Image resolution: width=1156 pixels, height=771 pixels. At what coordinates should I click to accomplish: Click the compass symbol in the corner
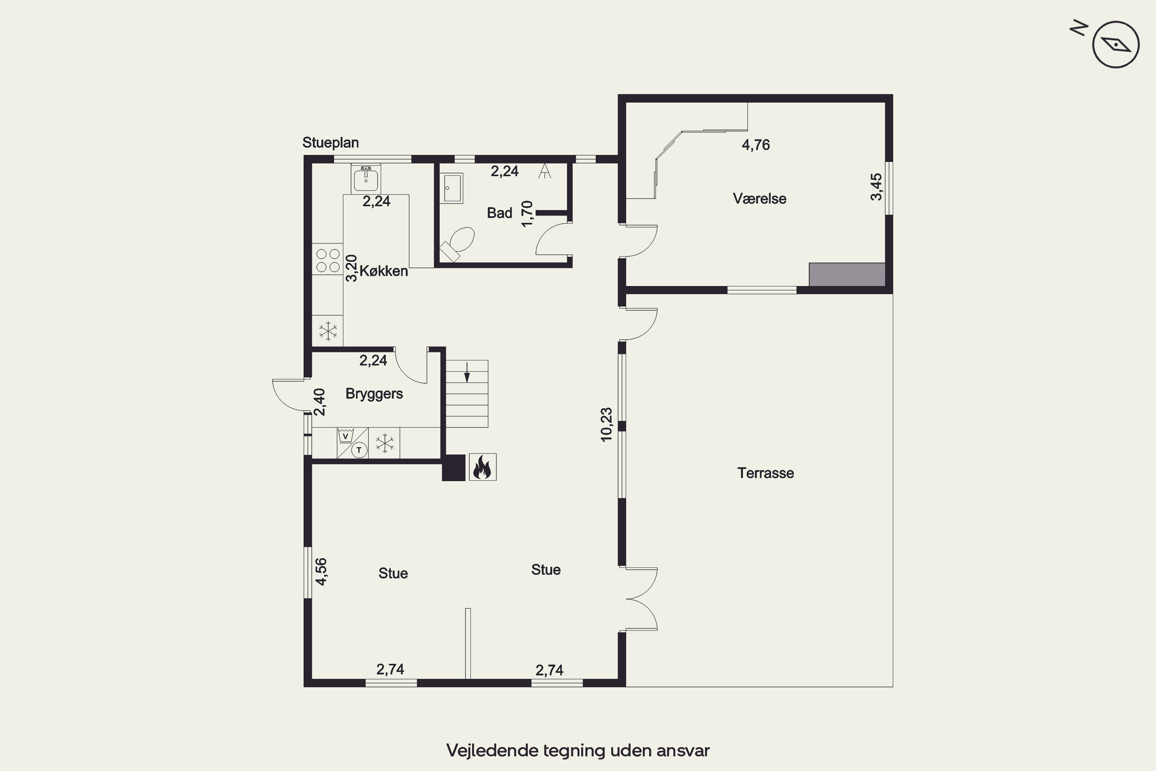[x=1115, y=44]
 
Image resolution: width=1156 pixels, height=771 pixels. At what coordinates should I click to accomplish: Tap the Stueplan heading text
[x=330, y=143]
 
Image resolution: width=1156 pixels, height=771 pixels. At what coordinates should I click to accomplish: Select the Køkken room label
[x=383, y=271]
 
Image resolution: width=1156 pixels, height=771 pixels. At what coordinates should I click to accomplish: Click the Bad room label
[x=499, y=213]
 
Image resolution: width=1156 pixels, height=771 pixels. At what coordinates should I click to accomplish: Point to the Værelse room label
[x=759, y=199]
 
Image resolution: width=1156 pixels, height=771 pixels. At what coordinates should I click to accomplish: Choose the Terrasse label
[x=765, y=473]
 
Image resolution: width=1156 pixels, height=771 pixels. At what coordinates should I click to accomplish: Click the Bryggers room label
[x=374, y=394]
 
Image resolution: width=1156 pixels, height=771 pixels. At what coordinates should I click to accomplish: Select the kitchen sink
[x=366, y=179]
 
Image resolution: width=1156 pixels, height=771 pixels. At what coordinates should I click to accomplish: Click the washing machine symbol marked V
[x=346, y=436]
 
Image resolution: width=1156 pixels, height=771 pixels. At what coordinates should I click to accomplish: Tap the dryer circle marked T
[x=359, y=450]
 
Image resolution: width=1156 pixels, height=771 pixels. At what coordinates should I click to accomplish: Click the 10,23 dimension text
[x=607, y=424]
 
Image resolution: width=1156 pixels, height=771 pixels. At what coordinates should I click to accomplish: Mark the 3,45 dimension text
[x=876, y=187]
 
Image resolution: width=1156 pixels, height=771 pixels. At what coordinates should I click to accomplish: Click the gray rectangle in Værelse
[x=847, y=274]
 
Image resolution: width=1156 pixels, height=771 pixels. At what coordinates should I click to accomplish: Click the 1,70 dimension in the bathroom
[x=527, y=214]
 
